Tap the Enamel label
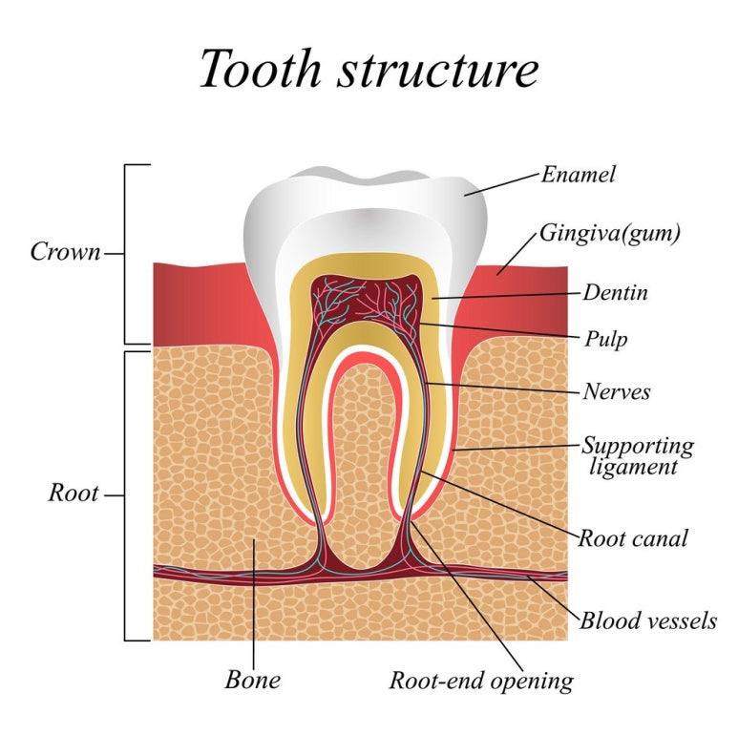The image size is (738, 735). coord(578,175)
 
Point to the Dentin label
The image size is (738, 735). coord(615,292)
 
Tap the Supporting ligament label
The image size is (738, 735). coord(637,455)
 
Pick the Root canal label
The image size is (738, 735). coord(632,537)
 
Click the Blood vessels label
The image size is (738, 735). coord(647,620)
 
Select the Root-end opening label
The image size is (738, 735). coord(481,681)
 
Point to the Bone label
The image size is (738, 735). coord(253,680)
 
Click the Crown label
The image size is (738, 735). coord(65,252)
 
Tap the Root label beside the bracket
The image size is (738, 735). coord(74,494)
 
